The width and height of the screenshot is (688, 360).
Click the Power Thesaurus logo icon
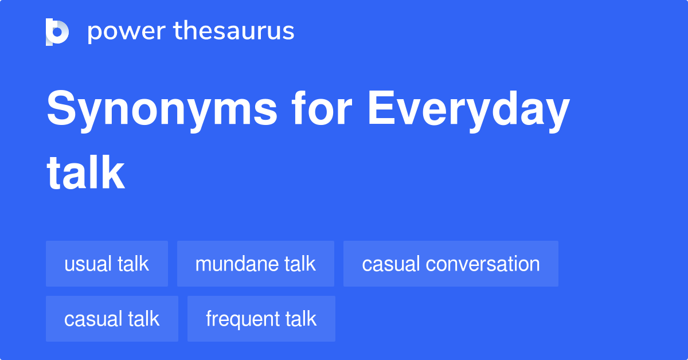click(57, 32)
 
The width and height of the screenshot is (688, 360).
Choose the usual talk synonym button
click(107, 264)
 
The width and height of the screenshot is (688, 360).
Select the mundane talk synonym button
click(255, 264)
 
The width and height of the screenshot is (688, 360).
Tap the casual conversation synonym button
click(451, 264)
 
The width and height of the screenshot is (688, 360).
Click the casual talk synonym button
click(112, 319)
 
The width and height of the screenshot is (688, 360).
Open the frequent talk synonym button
click(261, 319)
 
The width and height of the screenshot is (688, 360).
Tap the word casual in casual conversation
click(391, 264)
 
